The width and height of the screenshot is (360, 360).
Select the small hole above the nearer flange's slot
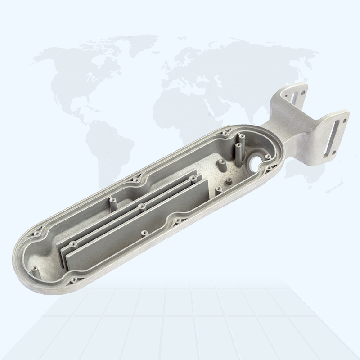click(x=344, y=120)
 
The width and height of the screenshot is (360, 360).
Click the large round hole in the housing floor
click(x=257, y=159)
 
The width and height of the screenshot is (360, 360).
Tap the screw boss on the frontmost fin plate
click(x=144, y=233)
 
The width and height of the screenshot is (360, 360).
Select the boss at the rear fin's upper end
click(x=193, y=179)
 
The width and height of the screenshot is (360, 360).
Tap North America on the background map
click(x=81, y=76)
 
